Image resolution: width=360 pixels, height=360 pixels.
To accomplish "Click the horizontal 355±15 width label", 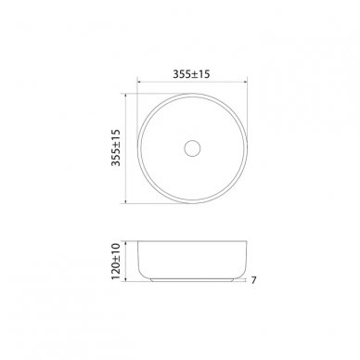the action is [x=191, y=74].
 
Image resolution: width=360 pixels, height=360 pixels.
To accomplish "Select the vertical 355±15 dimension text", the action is [x=116, y=148].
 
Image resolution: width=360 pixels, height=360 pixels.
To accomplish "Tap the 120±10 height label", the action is [x=115, y=262].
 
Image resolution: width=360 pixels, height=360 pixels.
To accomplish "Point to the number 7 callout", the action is [x=253, y=280].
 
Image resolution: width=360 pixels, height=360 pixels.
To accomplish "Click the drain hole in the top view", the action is [x=192, y=148].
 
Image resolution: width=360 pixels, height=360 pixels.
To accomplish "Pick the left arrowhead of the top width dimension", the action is [x=139, y=82].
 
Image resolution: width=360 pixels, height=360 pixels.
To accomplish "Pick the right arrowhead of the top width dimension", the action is [x=246, y=82].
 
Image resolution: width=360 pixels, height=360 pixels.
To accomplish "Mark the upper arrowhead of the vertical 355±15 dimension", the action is [x=125, y=96].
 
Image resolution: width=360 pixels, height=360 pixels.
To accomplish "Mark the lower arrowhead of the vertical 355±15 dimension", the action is [x=125, y=201].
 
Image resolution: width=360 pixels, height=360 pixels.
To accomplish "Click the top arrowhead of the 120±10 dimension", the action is [x=125, y=243].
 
